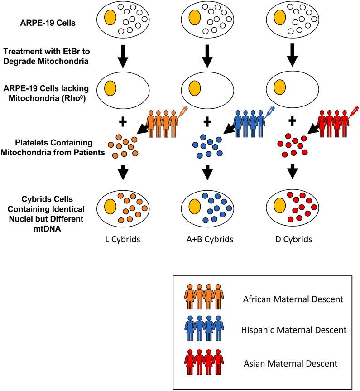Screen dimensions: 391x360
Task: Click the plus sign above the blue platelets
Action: [207, 121]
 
